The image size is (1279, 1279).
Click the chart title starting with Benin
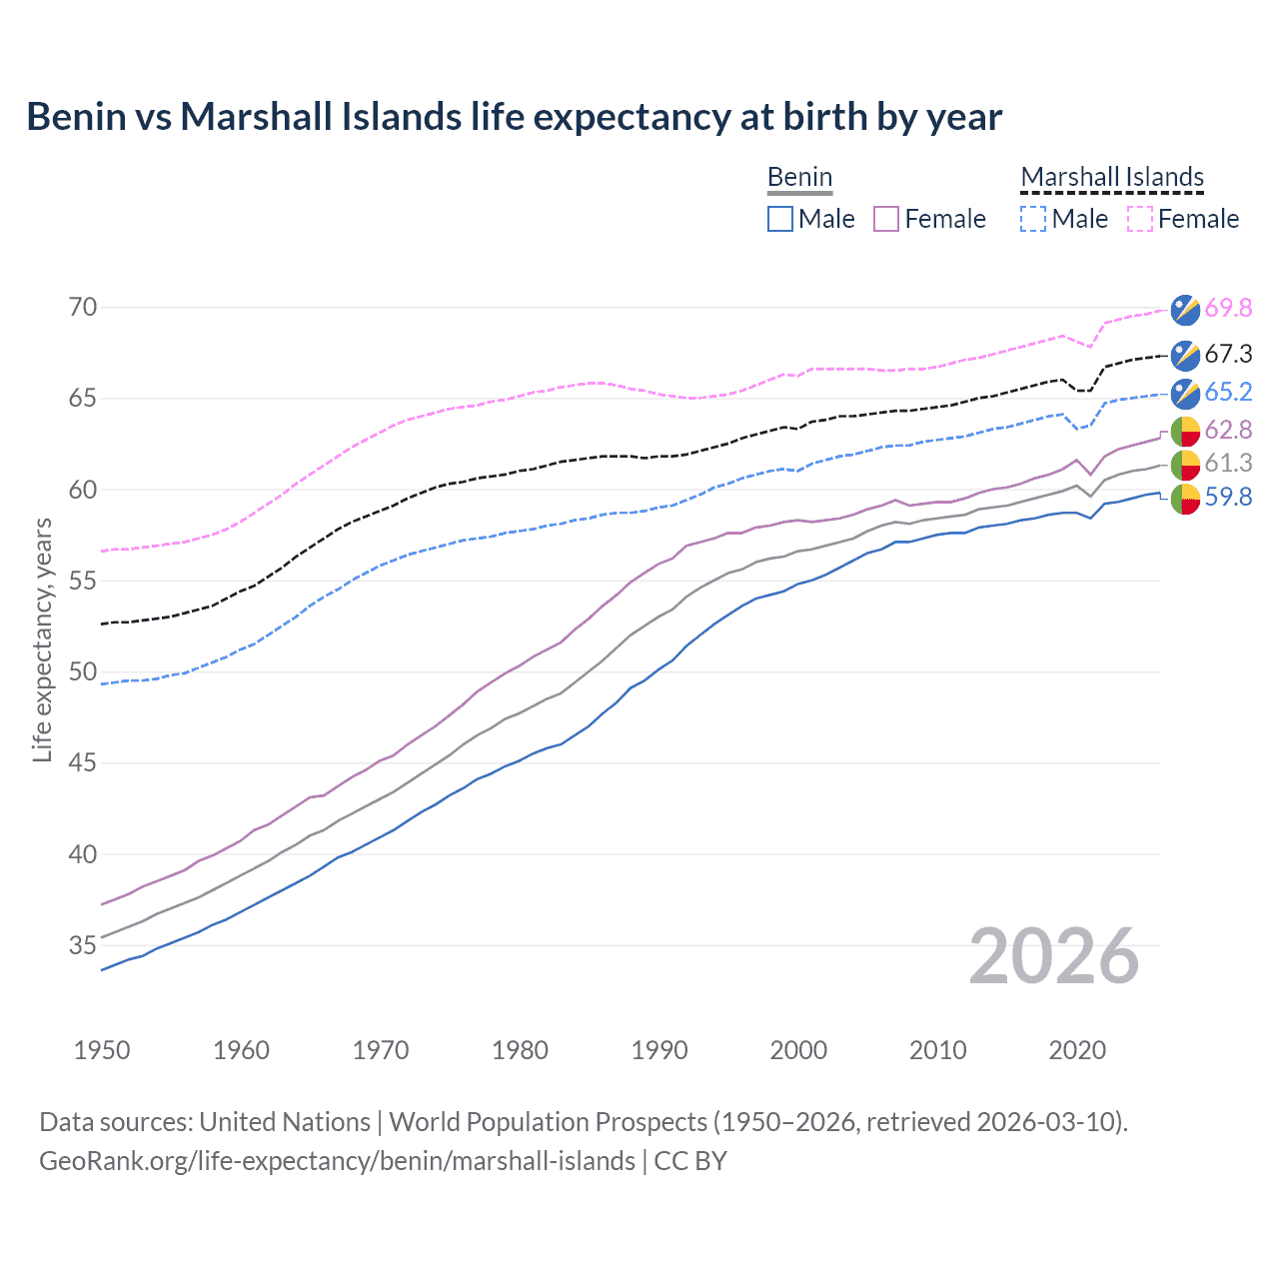[514, 117]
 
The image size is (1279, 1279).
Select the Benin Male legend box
[780, 219]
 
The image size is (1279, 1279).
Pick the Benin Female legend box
[886, 219]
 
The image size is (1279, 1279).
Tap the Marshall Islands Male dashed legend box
[1033, 219]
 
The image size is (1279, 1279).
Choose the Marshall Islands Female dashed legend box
[1140, 219]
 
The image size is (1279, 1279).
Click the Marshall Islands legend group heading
[1112, 177]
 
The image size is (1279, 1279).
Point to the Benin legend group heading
[799, 177]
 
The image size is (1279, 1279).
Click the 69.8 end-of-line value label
[1228, 308]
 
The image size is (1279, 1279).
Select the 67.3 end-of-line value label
[1228, 354]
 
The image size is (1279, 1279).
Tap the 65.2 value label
[1228, 392]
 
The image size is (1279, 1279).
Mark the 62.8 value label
[1228, 430]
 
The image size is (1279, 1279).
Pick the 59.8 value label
[1228, 497]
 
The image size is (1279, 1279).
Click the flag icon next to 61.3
[1185, 464]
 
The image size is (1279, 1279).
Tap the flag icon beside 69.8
[1185, 310]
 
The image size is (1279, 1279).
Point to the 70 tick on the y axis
[83, 307]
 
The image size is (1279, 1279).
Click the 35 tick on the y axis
[83, 945]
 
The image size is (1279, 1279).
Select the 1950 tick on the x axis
[102, 1050]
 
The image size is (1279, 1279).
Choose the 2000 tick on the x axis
[798, 1050]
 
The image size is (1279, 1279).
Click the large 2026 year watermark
[1053, 956]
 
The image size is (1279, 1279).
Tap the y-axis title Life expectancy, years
[42, 639]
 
